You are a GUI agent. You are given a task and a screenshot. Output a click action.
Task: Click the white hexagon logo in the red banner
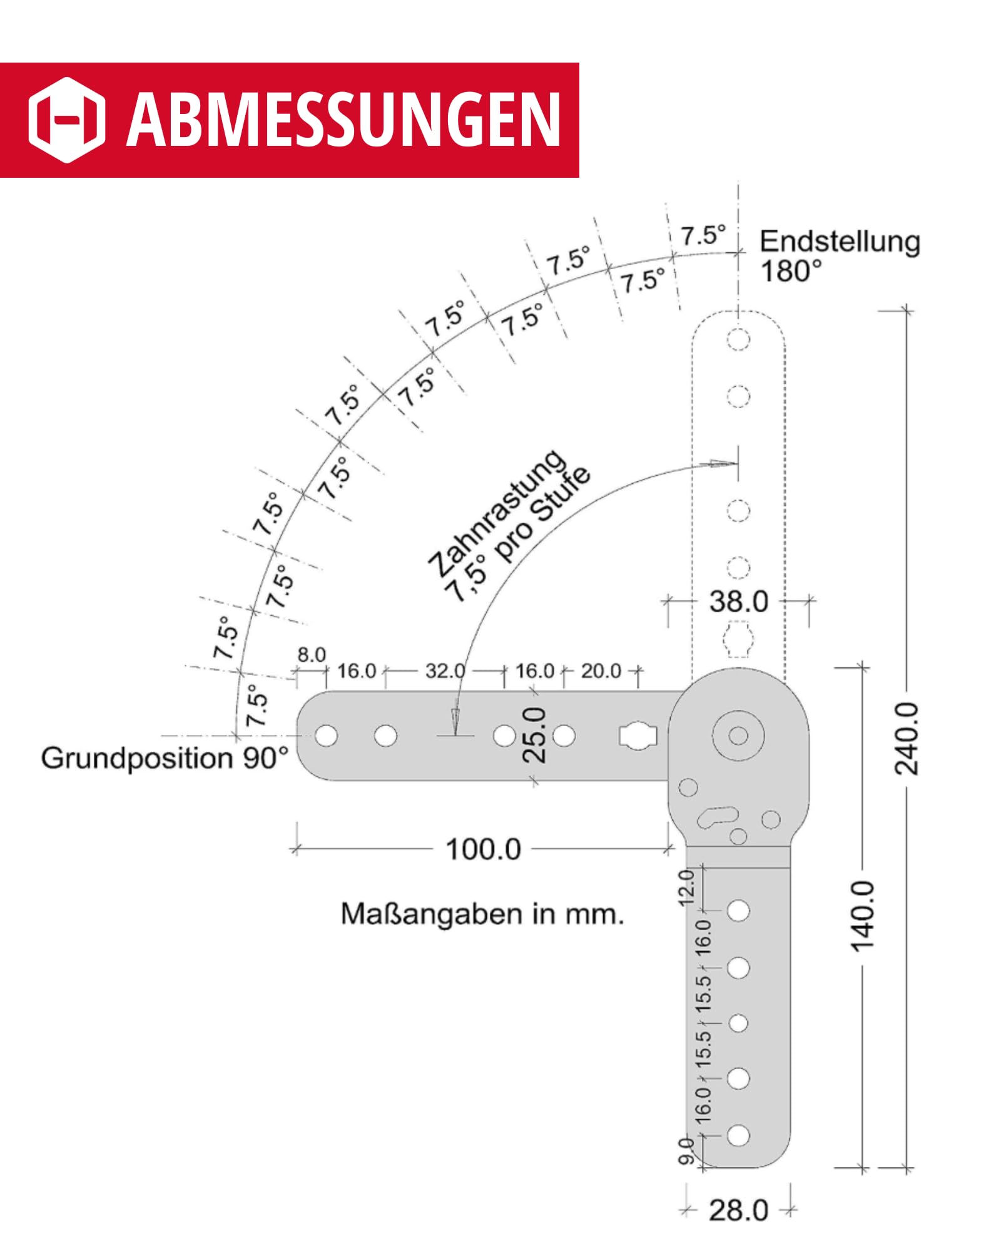[x=66, y=120]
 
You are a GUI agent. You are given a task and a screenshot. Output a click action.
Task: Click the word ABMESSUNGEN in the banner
[x=343, y=120]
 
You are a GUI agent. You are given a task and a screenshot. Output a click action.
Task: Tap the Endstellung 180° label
[x=840, y=256]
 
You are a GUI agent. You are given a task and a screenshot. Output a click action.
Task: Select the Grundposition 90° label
[x=165, y=758]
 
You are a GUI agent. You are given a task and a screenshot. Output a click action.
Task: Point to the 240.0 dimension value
[x=907, y=739]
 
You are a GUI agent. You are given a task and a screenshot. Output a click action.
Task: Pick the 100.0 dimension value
[x=483, y=849]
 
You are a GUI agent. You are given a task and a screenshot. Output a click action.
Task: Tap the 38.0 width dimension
[x=739, y=602]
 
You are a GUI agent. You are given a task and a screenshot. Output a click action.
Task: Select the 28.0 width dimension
[x=738, y=1210]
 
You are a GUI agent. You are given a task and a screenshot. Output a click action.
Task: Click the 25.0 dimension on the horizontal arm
[x=534, y=735]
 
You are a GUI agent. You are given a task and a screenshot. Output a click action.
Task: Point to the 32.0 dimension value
[x=445, y=671]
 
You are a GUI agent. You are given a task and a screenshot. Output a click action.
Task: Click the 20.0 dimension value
[x=601, y=671]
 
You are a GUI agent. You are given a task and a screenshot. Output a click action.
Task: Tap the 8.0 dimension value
[x=312, y=655]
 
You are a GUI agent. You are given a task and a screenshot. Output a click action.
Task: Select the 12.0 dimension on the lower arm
[x=687, y=887]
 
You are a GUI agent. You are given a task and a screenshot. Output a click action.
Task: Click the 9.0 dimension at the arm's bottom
[x=687, y=1152]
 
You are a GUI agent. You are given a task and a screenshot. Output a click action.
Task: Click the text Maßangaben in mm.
[x=482, y=915]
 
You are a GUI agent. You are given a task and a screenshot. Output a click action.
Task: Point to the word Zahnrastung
[x=497, y=514]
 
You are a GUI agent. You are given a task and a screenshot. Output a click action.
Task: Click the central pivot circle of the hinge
[x=738, y=736]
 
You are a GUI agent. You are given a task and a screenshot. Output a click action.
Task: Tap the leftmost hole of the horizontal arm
[x=326, y=736]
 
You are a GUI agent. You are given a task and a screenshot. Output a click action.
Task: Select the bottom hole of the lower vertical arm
[x=738, y=1135]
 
